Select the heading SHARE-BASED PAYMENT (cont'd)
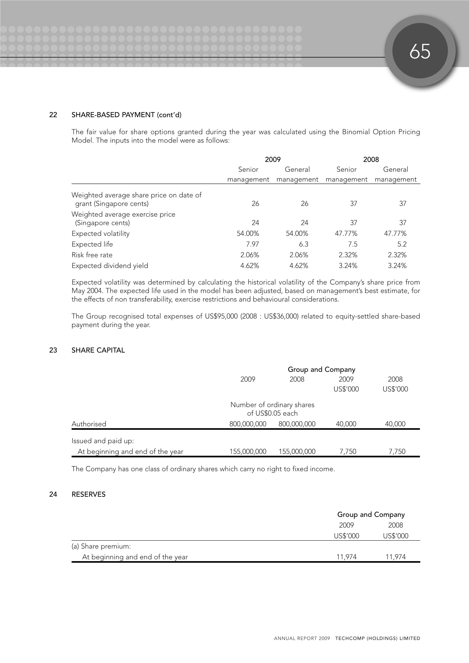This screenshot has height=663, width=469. point(126,115)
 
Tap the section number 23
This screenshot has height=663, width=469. point(53,350)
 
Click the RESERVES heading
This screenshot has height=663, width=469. point(88,494)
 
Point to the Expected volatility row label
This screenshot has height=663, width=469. point(101,234)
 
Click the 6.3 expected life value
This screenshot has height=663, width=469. point(303,244)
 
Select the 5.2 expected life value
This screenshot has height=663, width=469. point(402,244)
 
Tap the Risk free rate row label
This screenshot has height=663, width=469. point(92,255)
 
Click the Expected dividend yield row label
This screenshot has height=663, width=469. point(110,266)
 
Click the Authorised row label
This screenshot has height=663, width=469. point(89,424)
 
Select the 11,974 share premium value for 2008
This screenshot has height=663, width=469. point(396,557)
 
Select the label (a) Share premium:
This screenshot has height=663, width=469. point(101,546)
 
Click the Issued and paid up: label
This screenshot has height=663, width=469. point(103,441)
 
